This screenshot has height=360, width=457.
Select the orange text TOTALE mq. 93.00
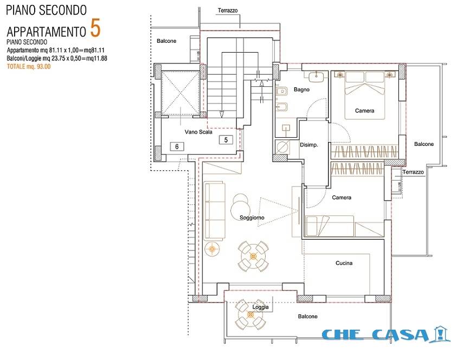coord(29,67)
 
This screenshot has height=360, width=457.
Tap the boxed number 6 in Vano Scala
coord(177,146)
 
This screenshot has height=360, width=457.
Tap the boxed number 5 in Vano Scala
coord(225,140)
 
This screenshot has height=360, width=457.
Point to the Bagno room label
coord(301,89)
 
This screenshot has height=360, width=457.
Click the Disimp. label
coord(308,145)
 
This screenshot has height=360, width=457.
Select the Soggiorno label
coord(252,217)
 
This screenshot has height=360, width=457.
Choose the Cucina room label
coord(344,263)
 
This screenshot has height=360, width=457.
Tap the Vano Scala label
coord(198,132)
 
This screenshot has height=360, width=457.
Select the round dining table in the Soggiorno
coord(253,254)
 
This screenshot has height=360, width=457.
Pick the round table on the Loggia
coord(250,315)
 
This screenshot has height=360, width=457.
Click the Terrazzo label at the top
coord(227,11)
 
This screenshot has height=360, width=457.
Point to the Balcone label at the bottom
coord(307,316)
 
